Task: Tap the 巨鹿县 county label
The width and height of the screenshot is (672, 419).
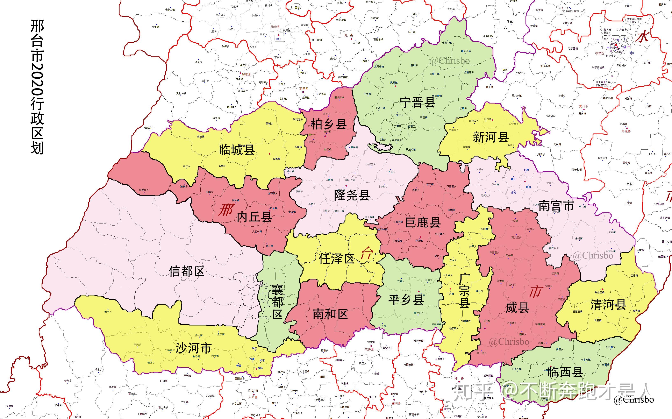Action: point(423,222)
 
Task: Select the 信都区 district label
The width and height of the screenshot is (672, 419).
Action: point(187,271)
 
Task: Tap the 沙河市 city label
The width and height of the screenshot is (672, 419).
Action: point(194,348)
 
